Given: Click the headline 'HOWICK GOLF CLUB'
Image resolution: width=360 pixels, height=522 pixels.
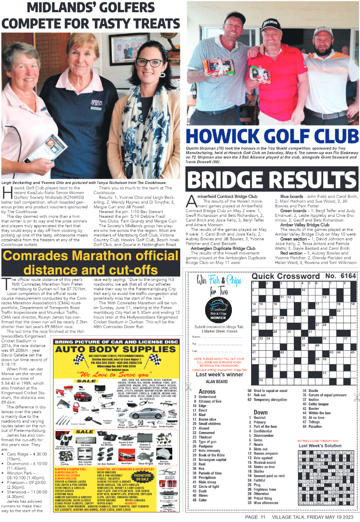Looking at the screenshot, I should pos(272,136).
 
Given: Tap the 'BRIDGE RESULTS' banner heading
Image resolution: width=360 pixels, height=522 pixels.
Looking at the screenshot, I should pos(272,179).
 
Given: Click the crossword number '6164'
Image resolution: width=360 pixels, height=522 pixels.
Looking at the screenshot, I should pos(345,276).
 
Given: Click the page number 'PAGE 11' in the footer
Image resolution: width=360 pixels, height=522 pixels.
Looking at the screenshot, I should pos(256,517).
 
